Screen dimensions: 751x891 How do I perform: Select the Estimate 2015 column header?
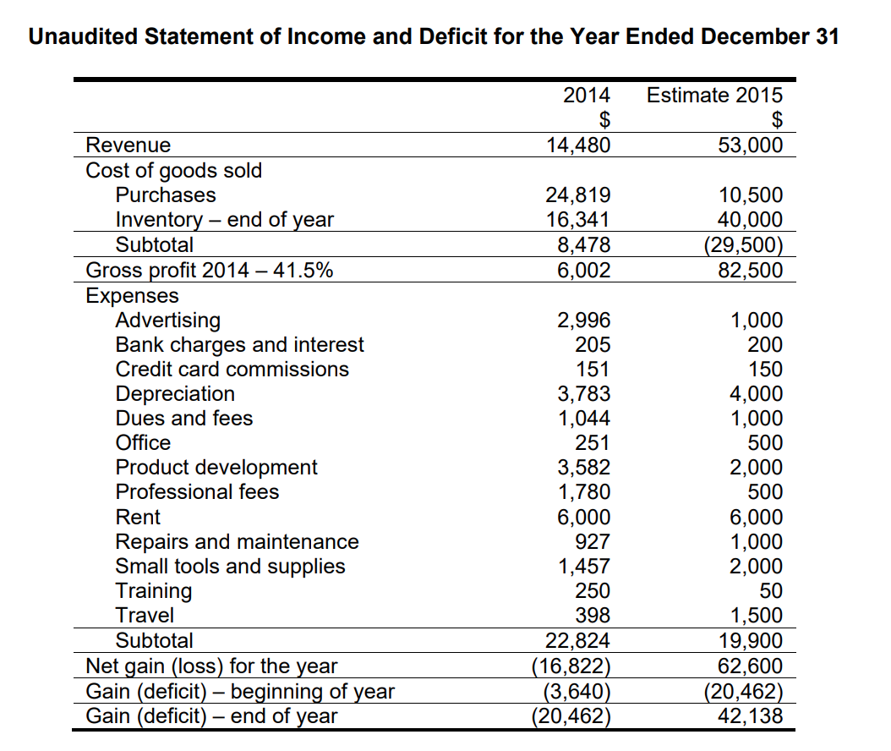click(x=714, y=95)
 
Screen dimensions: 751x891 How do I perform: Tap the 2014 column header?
click(x=587, y=95)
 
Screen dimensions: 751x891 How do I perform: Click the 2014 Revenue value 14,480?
click(x=578, y=145)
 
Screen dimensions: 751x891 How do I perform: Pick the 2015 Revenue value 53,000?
click(x=750, y=145)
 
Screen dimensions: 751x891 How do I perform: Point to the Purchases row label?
click(x=165, y=195)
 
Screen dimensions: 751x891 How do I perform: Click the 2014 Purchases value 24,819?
click(x=578, y=195)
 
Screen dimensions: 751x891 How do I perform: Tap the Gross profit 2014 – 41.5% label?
click(x=210, y=270)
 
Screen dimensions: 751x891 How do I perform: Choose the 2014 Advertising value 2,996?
click(x=583, y=320)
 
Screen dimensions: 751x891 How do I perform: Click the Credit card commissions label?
click(x=232, y=370)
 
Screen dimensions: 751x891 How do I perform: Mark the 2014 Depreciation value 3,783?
click(x=583, y=394)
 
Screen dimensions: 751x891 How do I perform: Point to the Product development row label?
click(x=216, y=468)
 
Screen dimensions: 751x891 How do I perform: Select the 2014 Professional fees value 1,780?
click(x=583, y=491)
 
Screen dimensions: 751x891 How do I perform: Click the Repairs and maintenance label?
click(x=237, y=541)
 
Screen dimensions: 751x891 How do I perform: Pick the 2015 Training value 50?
click(x=771, y=590)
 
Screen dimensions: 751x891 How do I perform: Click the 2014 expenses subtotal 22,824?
click(x=578, y=640)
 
